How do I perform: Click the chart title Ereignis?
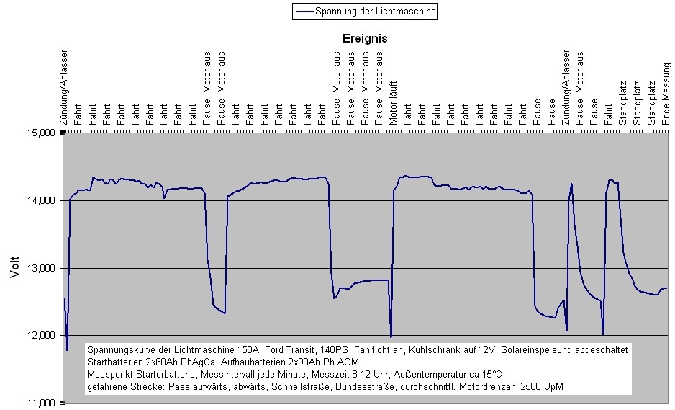click(364, 39)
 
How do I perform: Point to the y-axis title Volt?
click(15, 268)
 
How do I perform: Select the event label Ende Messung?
click(666, 94)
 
